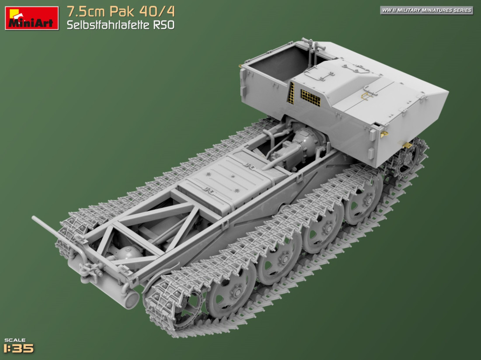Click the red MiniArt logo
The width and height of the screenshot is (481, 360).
point(31,18)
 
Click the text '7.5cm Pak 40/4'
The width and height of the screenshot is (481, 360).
point(121,11)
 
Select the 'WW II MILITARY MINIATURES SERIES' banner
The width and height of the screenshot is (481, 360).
point(426,10)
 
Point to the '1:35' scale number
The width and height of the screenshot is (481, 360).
point(18,348)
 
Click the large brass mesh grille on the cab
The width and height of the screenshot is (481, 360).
point(310,98)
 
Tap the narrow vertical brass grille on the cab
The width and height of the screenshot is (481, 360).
point(291,93)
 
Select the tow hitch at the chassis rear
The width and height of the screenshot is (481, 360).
point(89,272)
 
